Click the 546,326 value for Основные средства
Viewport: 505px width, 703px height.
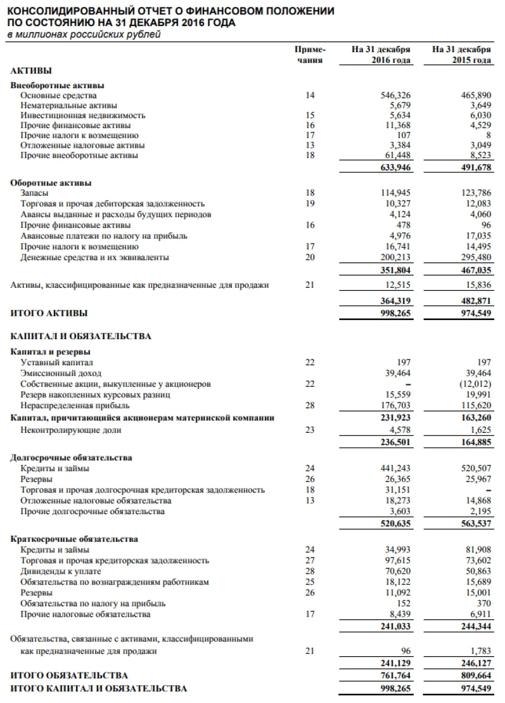tap(395, 95)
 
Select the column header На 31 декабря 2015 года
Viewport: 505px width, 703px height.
tap(461, 55)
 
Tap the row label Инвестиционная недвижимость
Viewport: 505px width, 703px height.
tap(83, 115)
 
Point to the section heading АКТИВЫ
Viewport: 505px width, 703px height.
tap(31, 71)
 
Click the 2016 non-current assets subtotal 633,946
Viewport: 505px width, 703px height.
tap(396, 168)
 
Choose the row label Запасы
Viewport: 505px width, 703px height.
tap(34, 193)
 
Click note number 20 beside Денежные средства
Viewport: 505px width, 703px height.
tap(310, 257)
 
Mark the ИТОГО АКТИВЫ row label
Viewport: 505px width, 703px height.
tap(49, 313)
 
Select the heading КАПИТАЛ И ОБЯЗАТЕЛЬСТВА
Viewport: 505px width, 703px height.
tap(81, 337)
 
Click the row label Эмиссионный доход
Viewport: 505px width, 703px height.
tap(61, 373)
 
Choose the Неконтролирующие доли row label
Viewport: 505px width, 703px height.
tap(71, 430)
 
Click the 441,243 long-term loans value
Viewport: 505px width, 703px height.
tap(395, 468)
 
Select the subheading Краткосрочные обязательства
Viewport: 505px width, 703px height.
tap(74, 539)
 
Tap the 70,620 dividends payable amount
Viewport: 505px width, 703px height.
tap(397, 571)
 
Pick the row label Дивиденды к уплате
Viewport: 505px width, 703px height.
tap(61, 571)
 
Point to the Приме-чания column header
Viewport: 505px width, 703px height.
tap(310, 55)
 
